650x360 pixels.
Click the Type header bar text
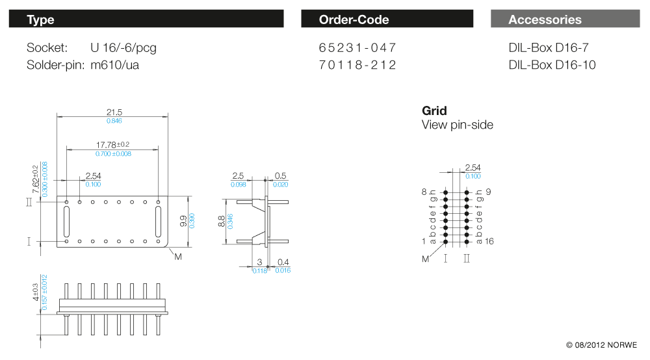[x=40, y=19]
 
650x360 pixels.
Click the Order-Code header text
[x=354, y=19]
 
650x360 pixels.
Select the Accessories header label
[x=545, y=19]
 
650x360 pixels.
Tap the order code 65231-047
[x=357, y=47]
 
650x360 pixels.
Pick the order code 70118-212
[x=357, y=65]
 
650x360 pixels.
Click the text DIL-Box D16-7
[x=549, y=47]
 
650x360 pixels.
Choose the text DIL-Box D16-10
[x=552, y=65]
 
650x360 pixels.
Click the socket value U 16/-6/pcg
[x=123, y=47]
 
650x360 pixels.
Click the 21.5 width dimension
[x=114, y=112]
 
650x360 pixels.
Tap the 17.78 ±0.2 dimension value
[x=113, y=144]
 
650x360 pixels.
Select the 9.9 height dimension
[x=184, y=221]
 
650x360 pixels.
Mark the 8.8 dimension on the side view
[x=222, y=221]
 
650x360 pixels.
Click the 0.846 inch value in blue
[x=114, y=121]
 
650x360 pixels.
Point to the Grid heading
[x=434, y=110]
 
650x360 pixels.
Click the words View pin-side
[x=457, y=125]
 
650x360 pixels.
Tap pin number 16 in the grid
[x=489, y=241]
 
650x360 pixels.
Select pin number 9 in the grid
[x=488, y=192]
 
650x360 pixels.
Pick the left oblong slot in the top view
[x=67, y=222]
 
